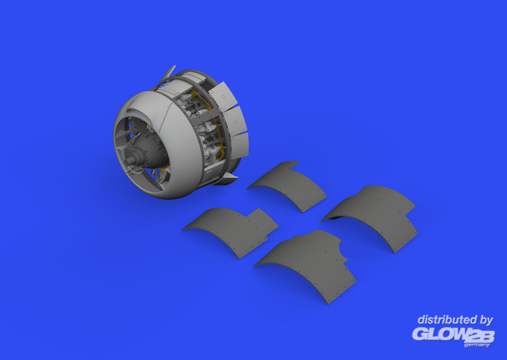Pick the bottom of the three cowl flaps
(x=239, y=145)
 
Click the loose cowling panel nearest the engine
(x=287, y=186)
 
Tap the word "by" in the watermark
(x=486, y=320)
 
